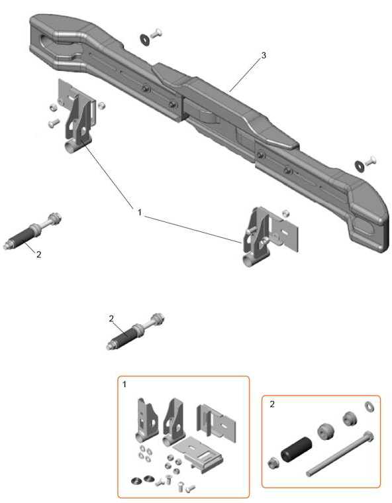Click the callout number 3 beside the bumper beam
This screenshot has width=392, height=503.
pos(264,55)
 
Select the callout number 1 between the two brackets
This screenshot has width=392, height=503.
pos(140,212)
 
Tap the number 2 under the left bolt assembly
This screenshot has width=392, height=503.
pos(39,254)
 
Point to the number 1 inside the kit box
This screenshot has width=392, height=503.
pos(124,384)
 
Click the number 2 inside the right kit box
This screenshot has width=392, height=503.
pos(272,404)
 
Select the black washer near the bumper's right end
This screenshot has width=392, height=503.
pos(359,166)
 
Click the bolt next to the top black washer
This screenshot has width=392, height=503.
pos(156,32)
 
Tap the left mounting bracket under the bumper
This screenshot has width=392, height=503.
pos(77,116)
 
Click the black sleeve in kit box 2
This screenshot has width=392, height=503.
pos(296,448)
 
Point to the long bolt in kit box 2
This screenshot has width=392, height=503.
pos(340,453)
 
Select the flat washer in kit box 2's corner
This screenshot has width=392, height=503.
pos(369,406)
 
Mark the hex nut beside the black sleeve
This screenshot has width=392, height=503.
pos(273,463)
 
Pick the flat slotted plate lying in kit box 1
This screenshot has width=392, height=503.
pos(198,453)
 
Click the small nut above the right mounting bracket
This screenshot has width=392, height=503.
pos(285,213)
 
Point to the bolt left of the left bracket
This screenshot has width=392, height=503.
pos(54,123)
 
